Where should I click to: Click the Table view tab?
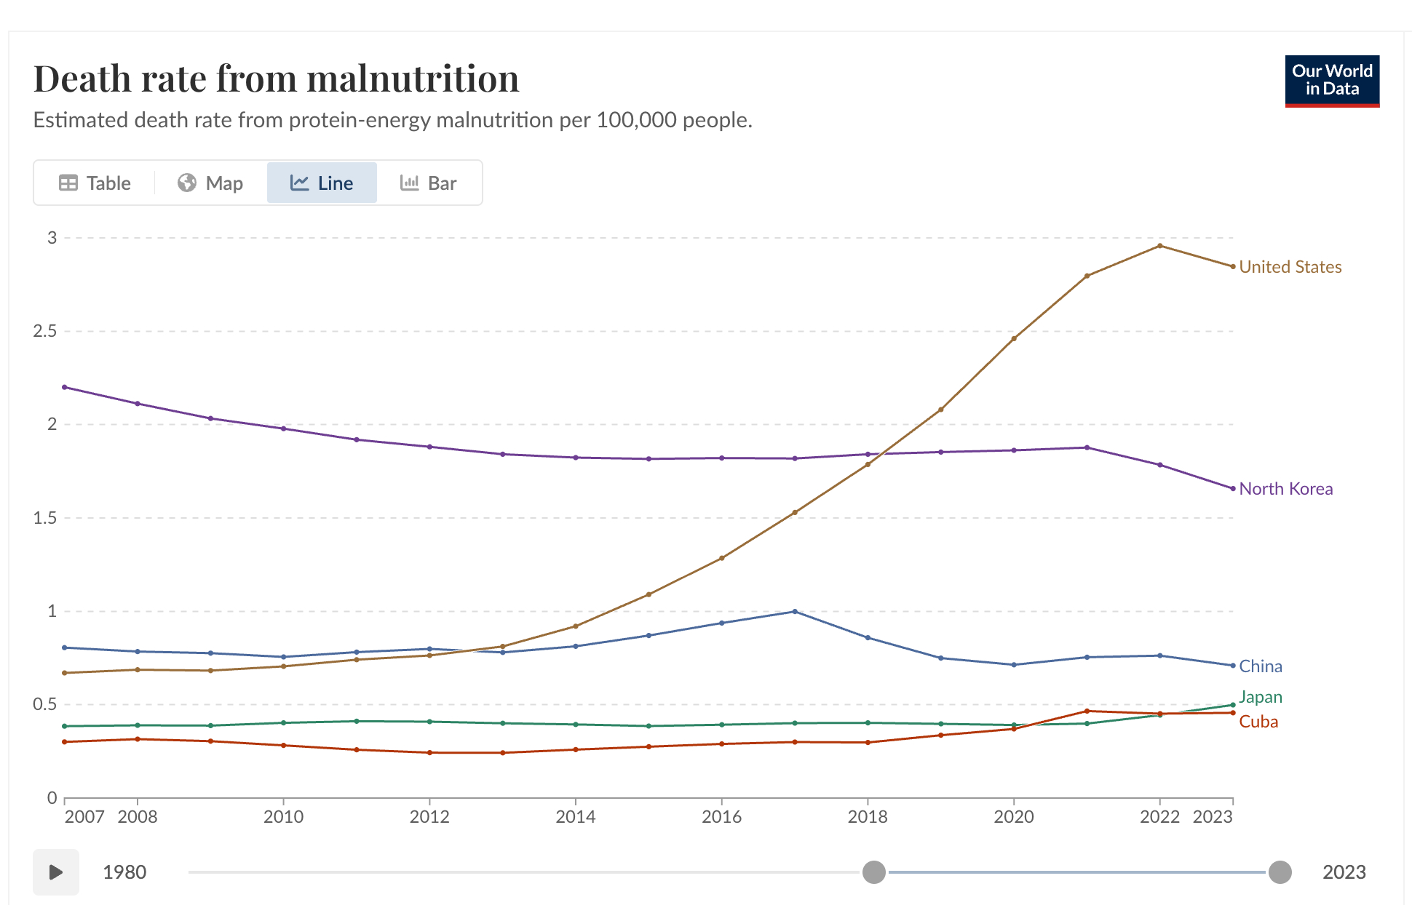(x=95, y=183)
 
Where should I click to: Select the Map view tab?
(x=210, y=183)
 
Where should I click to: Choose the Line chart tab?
(x=322, y=183)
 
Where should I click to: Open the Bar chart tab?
(x=429, y=183)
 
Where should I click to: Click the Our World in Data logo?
(x=1331, y=81)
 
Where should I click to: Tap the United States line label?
(x=1290, y=267)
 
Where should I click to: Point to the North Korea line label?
(x=1285, y=489)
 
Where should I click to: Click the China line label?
(x=1261, y=666)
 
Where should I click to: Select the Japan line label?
(x=1261, y=697)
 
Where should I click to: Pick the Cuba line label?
(x=1258, y=722)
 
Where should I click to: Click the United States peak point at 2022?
(x=1159, y=246)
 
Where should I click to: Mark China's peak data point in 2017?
(x=795, y=612)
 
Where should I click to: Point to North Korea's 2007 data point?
(x=65, y=387)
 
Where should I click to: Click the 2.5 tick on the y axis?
(x=44, y=332)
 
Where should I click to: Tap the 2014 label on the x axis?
(x=575, y=817)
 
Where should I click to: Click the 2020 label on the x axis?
(x=1013, y=817)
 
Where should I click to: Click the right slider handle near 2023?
(x=1280, y=872)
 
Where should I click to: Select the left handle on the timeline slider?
(x=873, y=872)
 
